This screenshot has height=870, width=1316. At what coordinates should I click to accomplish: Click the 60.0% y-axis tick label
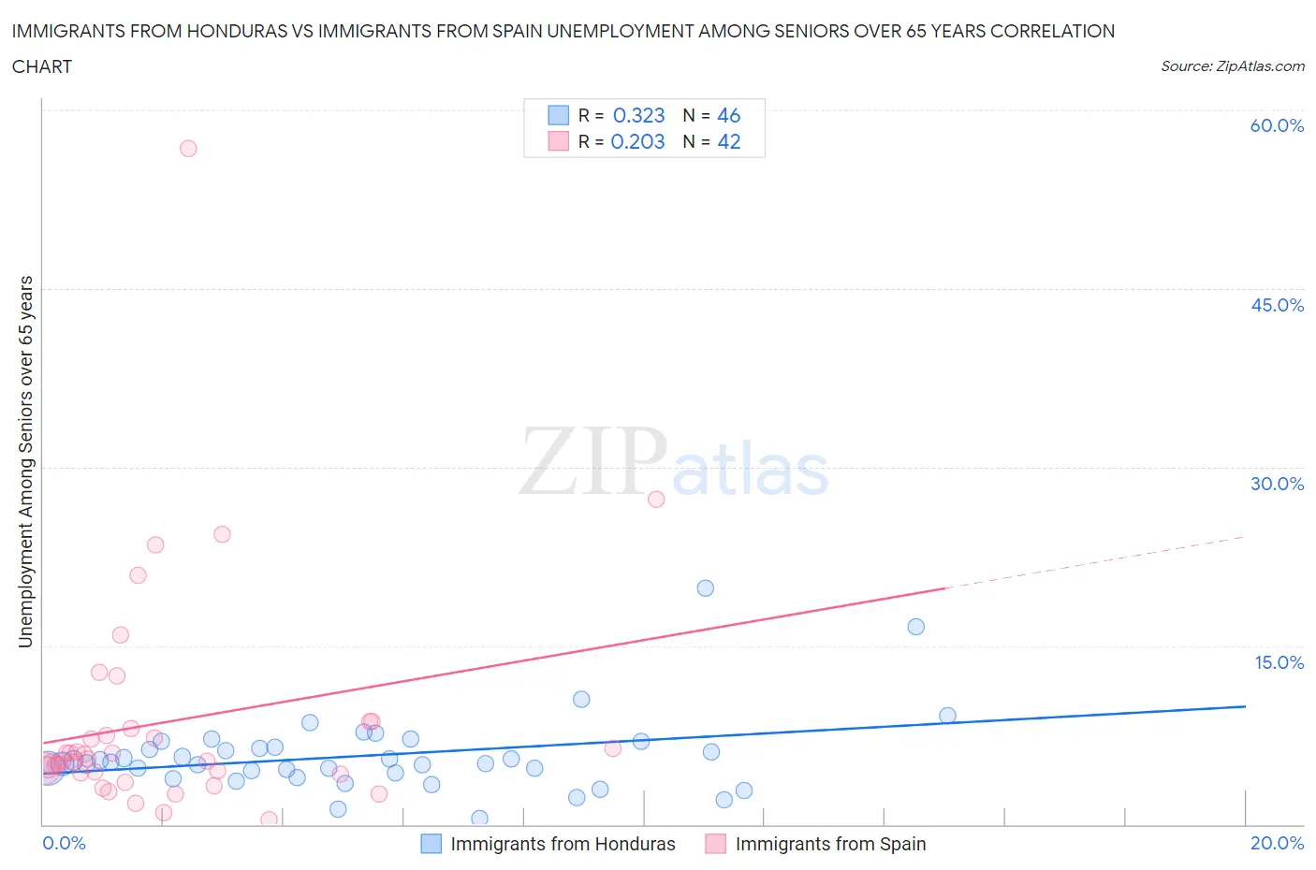tap(1277, 125)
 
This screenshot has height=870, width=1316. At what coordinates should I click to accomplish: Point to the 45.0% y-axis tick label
tap(1277, 305)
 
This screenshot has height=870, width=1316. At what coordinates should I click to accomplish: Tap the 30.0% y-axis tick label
tap(1277, 484)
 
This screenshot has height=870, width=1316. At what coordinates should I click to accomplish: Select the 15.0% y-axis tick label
tap(1279, 662)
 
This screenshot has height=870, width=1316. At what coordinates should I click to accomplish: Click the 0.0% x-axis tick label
tap(64, 843)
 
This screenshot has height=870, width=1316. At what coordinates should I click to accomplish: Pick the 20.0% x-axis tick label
tap(1277, 843)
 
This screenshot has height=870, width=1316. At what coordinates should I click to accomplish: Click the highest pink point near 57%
tap(188, 148)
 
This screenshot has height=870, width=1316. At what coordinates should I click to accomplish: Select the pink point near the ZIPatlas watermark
tap(656, 500)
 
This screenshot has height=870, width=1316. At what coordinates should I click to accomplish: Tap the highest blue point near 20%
tap(706, 588)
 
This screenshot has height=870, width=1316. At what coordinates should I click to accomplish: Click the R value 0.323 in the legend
tap(638, 115)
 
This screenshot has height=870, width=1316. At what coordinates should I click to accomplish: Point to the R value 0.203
tap(637, 141)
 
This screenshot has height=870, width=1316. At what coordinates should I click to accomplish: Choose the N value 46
tap(728, 115)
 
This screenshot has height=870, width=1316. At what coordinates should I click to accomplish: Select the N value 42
tap(728, 141)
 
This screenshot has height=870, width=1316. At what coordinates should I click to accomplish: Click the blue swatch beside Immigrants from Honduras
tap(431, 844)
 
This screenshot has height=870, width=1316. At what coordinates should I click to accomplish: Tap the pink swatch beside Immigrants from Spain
tap(715, 844)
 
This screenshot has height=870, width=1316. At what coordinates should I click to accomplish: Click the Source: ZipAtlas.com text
tap(1232, 65)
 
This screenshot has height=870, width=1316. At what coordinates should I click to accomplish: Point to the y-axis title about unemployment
tap(25, 461)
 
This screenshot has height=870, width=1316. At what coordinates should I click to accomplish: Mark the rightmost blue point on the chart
tap(947, 716)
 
